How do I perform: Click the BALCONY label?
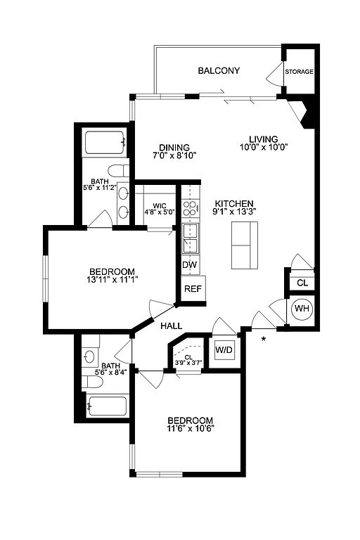219,71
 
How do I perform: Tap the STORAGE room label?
299,72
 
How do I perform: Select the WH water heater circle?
302,309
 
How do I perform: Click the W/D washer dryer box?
224,350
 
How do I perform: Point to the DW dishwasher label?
189,264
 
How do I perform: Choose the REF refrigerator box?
193,288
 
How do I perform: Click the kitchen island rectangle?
245,245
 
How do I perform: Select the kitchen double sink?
191,238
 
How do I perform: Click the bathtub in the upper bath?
105,143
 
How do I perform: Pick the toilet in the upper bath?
118,171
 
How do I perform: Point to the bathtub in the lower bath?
107,406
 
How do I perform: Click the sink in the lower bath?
90,356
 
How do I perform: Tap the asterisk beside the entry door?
264,339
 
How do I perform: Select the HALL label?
172,326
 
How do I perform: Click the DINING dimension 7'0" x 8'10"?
174,155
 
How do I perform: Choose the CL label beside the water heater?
302,283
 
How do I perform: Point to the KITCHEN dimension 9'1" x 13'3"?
234,212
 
